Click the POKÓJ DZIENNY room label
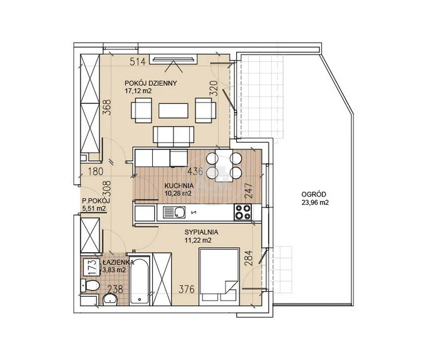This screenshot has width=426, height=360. pos(150,83)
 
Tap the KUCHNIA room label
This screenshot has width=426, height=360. pos(179,186)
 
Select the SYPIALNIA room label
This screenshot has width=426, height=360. pos(201,232)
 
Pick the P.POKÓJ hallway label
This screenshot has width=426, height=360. pos(96,201)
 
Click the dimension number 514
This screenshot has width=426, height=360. pos(138,61)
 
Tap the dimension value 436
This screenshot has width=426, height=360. pos(195,172)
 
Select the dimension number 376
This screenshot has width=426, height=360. pos(187,289)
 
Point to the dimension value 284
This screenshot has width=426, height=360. pos(249,258)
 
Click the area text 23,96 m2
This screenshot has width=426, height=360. pos(315,202)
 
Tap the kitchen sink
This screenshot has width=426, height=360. pos(174,212)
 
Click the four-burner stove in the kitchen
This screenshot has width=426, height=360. pos(243,212)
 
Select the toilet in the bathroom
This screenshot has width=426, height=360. pos(90,285)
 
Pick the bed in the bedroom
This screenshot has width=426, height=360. pos(219,276)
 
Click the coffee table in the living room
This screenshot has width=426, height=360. pos(174,110)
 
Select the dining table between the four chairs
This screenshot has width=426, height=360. pos(224,165)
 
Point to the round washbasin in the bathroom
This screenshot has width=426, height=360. pos(110,299)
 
